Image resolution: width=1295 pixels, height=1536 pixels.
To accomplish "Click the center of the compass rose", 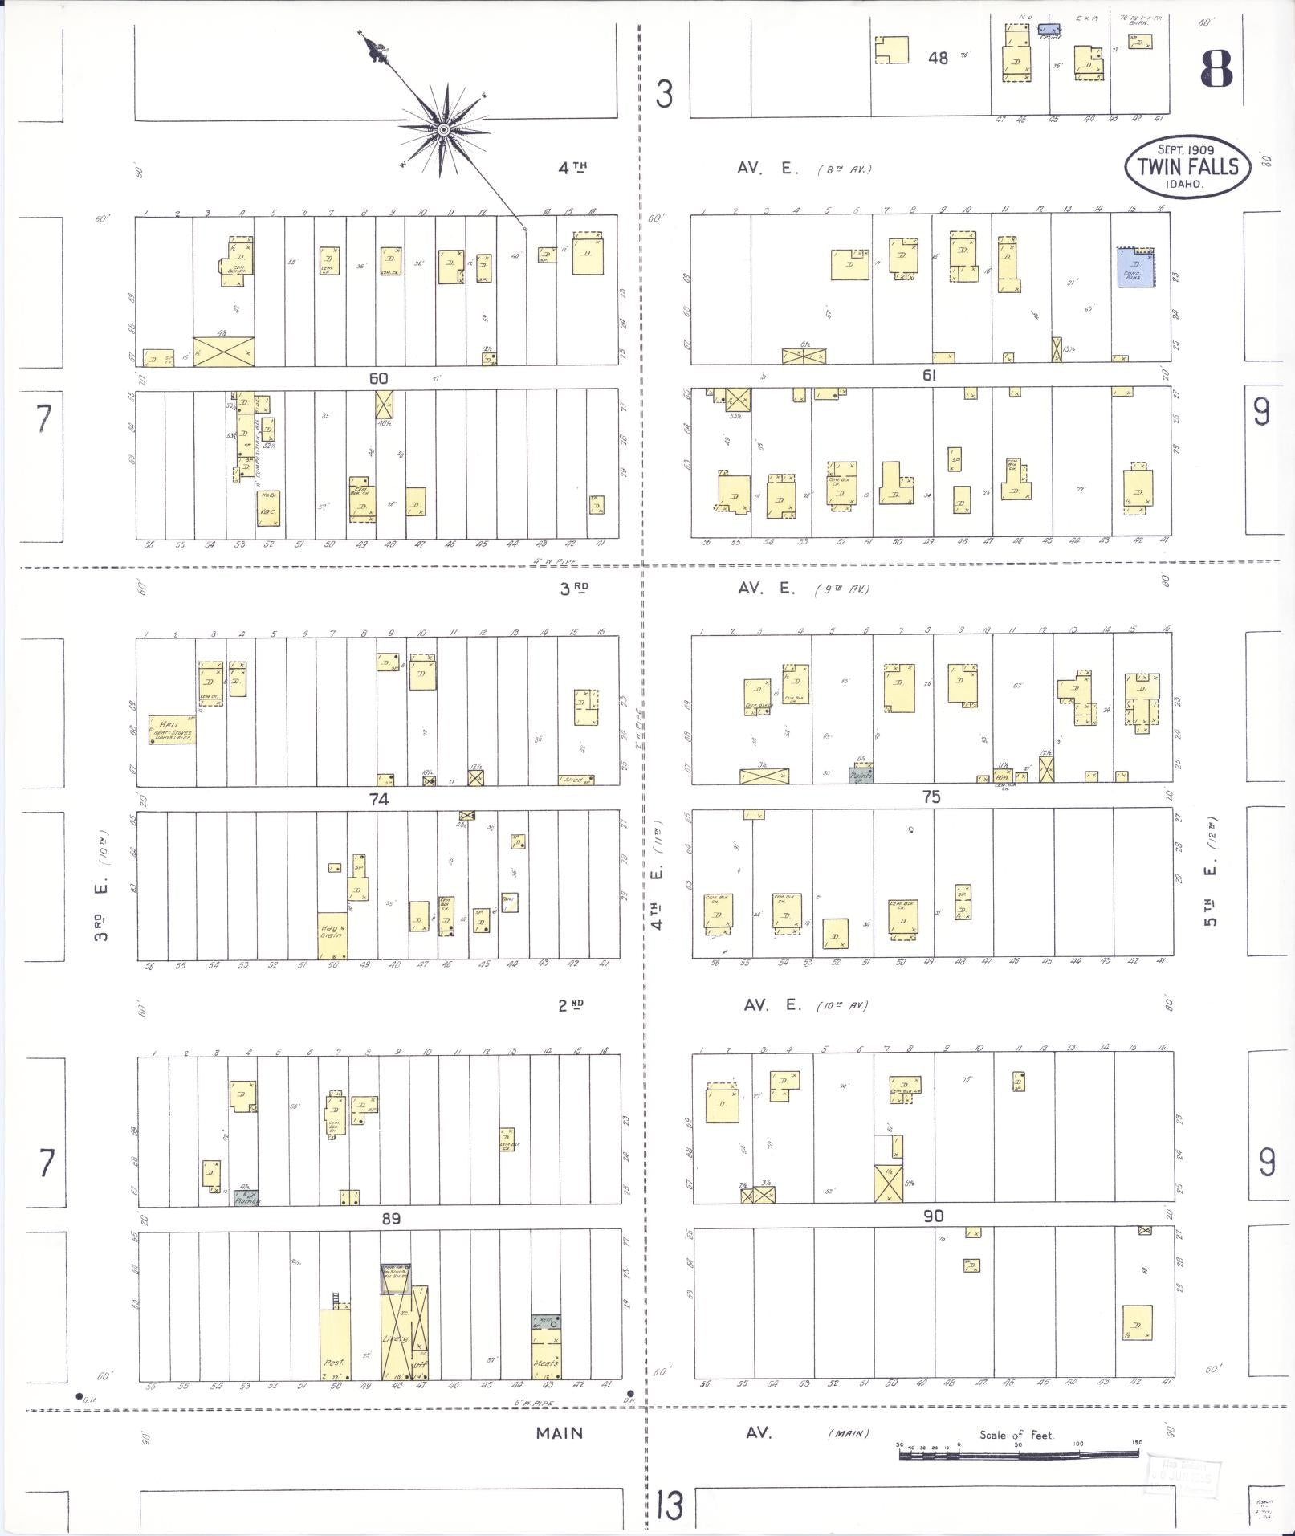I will coord(442,129).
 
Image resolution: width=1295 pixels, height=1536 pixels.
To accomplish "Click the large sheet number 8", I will coord(1216,68).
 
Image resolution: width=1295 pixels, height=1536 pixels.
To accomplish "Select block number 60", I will coord(378,378).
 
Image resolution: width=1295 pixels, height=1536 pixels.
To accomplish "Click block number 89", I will coord(391,1218).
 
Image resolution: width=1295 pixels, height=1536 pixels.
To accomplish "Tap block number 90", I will coord(933,1216).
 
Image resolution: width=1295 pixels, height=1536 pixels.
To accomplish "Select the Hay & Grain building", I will coord(332,935).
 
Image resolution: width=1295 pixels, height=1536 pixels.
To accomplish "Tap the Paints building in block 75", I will coord(861,776).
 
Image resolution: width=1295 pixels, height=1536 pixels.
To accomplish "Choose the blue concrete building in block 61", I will coord(1134,268).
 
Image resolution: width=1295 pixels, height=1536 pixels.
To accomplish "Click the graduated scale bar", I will coord(1018,1452).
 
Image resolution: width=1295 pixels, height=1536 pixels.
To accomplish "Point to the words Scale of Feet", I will coord(1016,1435).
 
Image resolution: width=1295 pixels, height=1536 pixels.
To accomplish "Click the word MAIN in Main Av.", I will coord(560,1432).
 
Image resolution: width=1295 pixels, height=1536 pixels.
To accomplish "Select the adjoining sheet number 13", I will coord(668,1506).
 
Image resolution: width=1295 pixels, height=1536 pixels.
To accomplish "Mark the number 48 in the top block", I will coord(938,57).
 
